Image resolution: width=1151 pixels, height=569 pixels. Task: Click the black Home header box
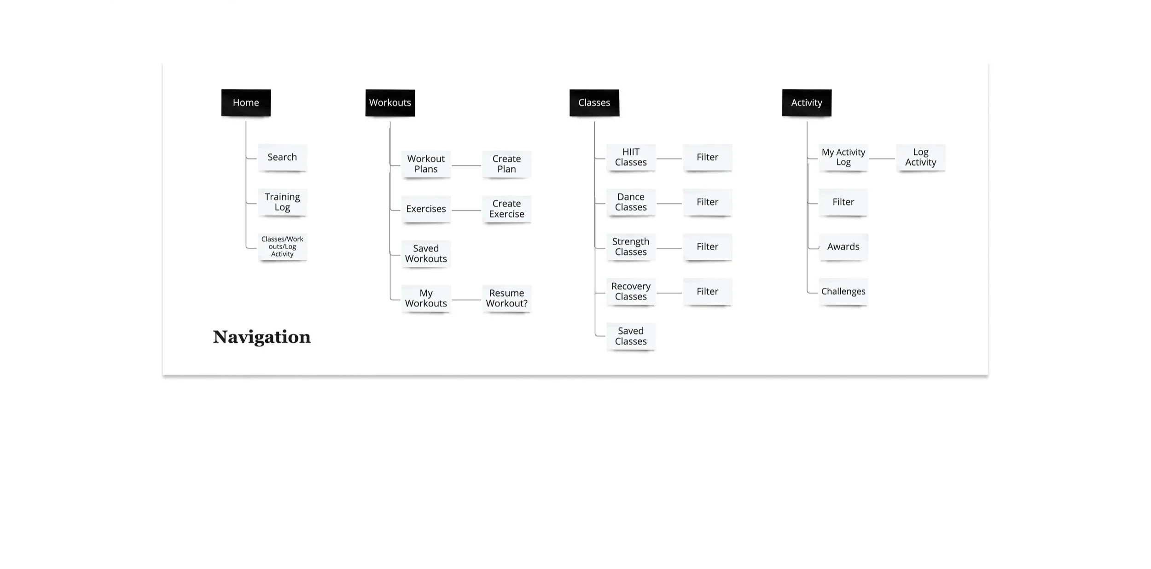tap(246, 103)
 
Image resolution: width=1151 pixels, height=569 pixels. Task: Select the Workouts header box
tap(390, 103)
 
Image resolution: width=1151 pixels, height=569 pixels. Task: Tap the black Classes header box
tap(594, 103)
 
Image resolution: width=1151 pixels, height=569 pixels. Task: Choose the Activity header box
tap(807, 103)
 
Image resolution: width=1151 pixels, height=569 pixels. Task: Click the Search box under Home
tap(282, 157)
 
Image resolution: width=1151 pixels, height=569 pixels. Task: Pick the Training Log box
tap(282, 202)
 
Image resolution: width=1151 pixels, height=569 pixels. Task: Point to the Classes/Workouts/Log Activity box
tap(282, 246)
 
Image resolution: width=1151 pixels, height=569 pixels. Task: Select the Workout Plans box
tap(426, 164)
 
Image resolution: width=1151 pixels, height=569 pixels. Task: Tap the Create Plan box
tap(506, 164)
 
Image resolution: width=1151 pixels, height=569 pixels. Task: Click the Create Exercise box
tap(506, 209)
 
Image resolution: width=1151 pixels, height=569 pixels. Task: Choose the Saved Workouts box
tap(426, 253)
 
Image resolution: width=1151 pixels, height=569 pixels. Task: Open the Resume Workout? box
tap(506, 298)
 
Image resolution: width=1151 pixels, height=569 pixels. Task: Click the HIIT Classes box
tap(631, 157)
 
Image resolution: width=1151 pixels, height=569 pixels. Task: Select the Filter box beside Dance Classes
tap(707, 202)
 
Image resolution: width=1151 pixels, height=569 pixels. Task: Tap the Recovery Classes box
tap(631, 291)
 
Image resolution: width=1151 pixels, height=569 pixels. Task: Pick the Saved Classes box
tap(631, 336)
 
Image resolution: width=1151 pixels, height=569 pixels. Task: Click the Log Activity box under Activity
tap(920, 157)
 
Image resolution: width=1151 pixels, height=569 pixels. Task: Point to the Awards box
tap(843, 246)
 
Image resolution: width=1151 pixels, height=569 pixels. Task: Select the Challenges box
tap(843, 291)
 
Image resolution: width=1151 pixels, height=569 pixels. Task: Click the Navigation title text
tap(262, 337)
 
